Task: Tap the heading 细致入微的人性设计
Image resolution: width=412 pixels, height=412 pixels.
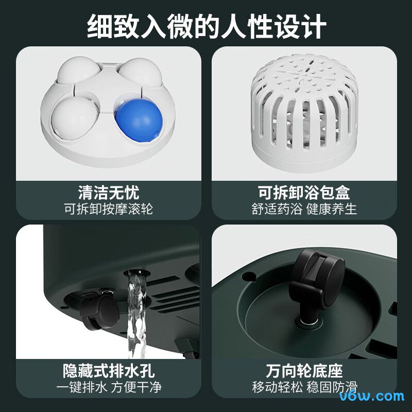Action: (206, 25)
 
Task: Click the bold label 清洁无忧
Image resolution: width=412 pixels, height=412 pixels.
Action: (108, 193)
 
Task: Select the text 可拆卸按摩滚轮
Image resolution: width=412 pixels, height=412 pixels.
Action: (108, 209)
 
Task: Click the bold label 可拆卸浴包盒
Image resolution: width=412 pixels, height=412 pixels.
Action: (304, 193)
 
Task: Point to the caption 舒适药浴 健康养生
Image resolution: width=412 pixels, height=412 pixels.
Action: (304, 209)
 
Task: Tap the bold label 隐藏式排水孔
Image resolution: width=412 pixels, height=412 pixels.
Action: (108, 371)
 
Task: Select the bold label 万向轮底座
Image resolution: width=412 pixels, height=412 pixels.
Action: (304, 371)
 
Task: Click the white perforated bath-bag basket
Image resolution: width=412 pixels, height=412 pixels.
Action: (304, 113)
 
